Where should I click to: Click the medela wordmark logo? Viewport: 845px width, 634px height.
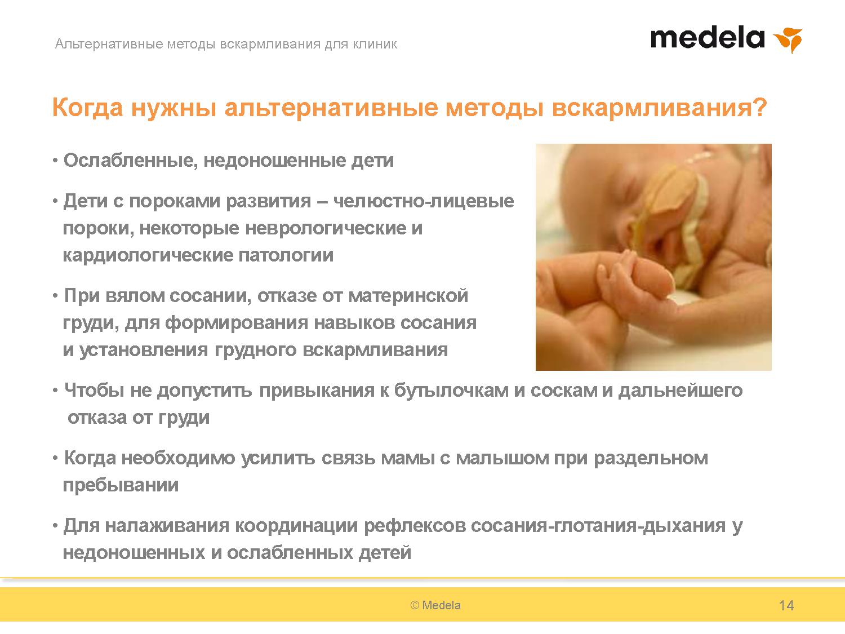pos(707,38)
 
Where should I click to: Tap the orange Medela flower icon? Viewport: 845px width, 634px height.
pos(788,40)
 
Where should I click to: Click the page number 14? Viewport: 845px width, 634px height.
pos(786,605)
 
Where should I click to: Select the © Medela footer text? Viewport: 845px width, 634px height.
pos(435,605)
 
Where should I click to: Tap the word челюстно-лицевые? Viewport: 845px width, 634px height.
pos(424,201)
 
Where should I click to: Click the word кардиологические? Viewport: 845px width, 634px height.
pos(148,255)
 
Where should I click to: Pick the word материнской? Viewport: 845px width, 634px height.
pos(408,296)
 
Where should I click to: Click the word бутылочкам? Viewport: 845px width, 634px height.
pos(451,391)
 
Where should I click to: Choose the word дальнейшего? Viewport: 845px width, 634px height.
pos(681,391)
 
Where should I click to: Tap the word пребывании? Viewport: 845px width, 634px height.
pos(121,485)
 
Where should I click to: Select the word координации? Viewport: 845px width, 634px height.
pos(296,526)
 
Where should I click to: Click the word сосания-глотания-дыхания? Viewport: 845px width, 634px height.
pos(598,526)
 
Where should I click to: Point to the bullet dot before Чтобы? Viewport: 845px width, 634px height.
pos(55,391)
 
